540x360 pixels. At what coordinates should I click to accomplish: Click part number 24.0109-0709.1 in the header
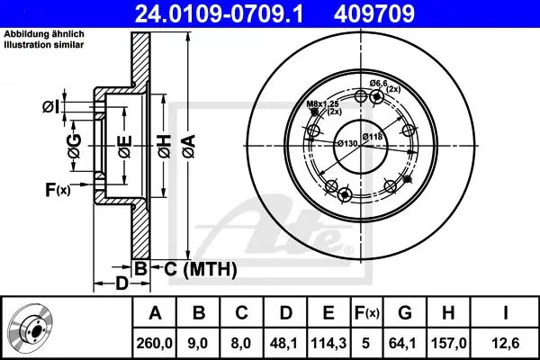point(219,13)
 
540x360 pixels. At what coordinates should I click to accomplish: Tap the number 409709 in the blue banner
point(374,13)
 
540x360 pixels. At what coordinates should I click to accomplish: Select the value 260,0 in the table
point(154,343)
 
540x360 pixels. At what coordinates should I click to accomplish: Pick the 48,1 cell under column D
point(285,343)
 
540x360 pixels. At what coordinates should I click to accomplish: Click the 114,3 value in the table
point(328,343)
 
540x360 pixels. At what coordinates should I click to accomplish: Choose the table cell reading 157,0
point(449,343)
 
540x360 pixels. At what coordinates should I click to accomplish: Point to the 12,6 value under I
point(505,343)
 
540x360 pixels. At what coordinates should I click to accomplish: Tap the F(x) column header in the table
point(366,313)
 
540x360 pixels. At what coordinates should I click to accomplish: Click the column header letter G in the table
point(405,313)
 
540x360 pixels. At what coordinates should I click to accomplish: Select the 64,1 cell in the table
point(405,343)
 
